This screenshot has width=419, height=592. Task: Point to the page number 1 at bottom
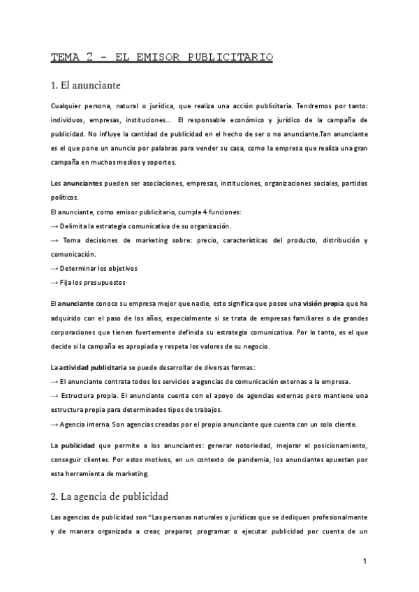pos(365,561)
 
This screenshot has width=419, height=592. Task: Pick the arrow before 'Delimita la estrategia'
pos(55,226)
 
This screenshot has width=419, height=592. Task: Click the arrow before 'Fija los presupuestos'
pos(55,282)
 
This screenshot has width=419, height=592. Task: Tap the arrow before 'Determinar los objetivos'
pos(55,268)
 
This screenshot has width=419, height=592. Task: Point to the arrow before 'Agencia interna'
pos(55,424)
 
